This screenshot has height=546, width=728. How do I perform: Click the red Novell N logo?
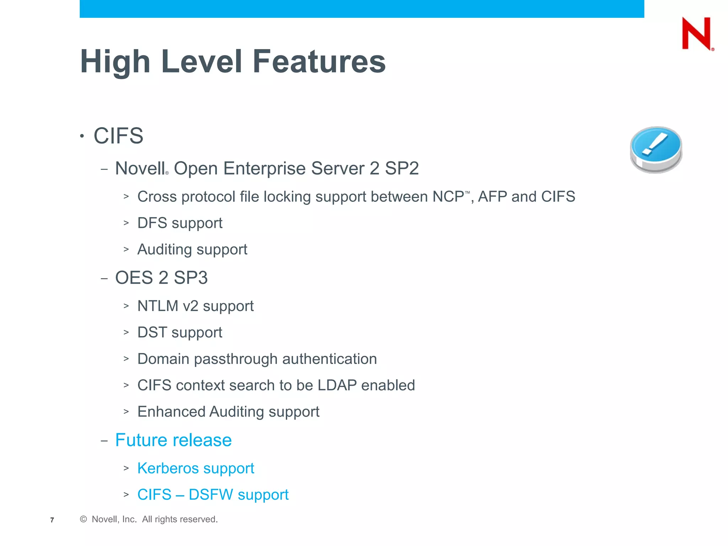click(x=697, y=34)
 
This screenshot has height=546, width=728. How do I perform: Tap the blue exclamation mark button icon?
click(x=656, y=149)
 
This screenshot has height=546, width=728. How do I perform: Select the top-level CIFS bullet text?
click(x=118, y=136)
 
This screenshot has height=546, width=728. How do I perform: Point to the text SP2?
click(x=402, y=168)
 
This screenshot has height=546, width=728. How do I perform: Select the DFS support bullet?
click(x=180, y=223)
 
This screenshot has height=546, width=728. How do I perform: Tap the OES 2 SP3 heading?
click(x=161, y=278)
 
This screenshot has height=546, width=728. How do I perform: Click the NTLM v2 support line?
click(x=195, y=306)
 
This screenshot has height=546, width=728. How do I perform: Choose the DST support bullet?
click(x=180, y=333)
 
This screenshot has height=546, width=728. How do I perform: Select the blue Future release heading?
click(x=173, y=440)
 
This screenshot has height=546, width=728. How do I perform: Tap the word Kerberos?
click(x=168, y=468)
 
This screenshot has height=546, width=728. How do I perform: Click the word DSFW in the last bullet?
click(x=210, y=495)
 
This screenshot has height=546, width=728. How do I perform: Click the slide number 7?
click(x=52, y=520)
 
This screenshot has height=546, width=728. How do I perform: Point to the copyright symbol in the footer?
click(x=84, y=519)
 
